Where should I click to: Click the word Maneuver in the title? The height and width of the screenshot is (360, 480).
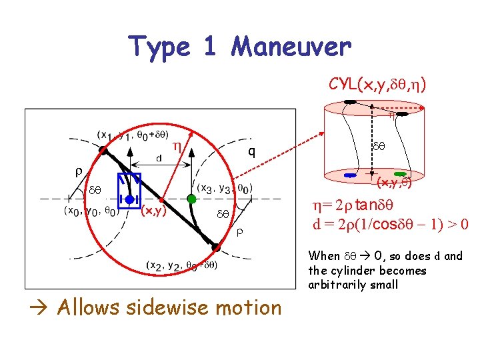pyautogui.click(x=290, y=47)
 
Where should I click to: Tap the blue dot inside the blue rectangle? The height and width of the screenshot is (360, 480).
pyautogui.click(x=129, y=199)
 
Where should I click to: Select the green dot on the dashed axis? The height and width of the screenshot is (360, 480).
pyautogui.click(x=191, y=199)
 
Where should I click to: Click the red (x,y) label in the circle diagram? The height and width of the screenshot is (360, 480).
pyautogui.click(x=153, y=213)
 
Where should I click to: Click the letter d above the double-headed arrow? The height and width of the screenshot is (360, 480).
pyautogui.click(x=159, y=159)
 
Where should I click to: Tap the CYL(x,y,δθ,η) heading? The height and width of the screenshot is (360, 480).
pyautogui.click(x=377, y=85)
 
